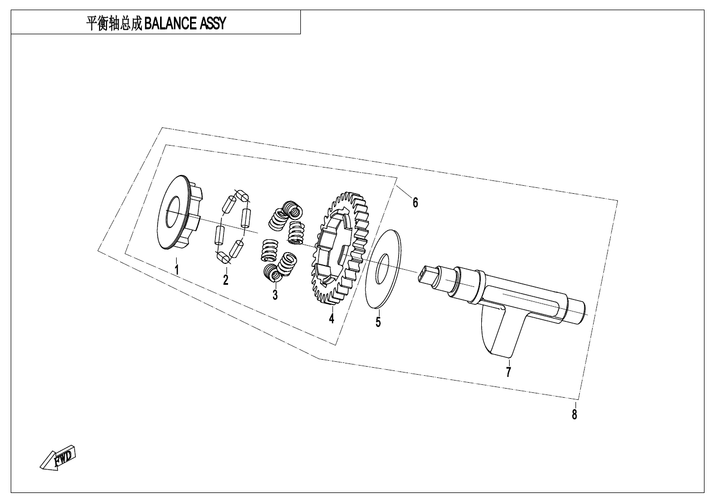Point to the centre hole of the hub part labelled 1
[173, 212]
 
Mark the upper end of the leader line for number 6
[397, 186]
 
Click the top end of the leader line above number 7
[509, 360]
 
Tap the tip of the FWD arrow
[40, 468]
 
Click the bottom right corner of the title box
[300, 34]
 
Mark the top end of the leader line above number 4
[333, 306]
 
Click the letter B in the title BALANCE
[148, 24]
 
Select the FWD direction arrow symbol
[57, 458]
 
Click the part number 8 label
[574, 414]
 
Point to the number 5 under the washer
[378, 322]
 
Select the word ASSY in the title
[213, 24]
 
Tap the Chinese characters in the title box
[115, 24]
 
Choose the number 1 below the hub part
[177, 270]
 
